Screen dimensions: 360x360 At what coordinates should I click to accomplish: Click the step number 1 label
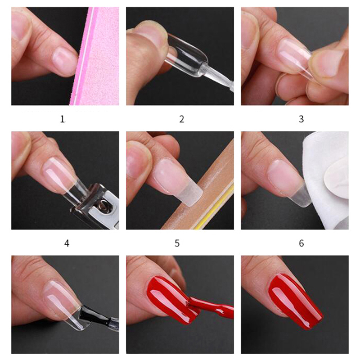coord(62,119)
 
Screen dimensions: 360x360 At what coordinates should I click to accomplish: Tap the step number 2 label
coord(182,119)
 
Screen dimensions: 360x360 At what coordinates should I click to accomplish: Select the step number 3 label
coord(301,119)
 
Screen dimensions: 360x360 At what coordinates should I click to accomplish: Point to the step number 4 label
coord(67,243)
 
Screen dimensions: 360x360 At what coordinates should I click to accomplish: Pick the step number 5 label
coord(177,243)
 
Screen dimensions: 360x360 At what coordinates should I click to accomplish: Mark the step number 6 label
coord(301,243)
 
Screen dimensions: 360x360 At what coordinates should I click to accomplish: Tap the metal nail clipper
coord(96,207)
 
